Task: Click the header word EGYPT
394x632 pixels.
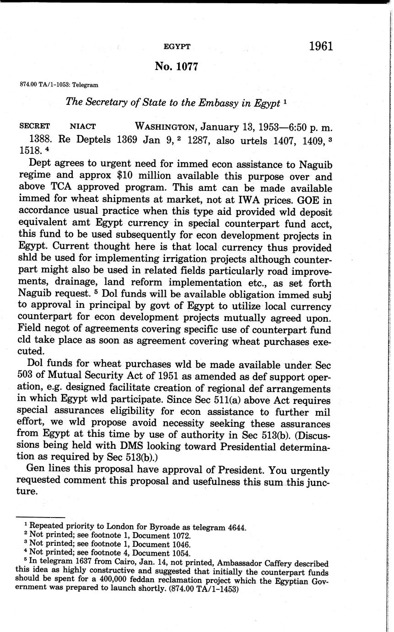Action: pyautogui.click(x=177, y=47)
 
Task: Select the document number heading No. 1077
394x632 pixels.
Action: pyautogui.click(x=176, y=66)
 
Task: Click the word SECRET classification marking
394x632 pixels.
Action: pyautogui.click(x=34, y=126)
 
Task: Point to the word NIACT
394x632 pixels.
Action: pyautogui.click(x=82, y=126)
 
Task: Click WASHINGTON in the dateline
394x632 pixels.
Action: pyautogui.click(x=166, y=126)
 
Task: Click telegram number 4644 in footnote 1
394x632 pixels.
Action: pyautogui.click(x=236, y=527)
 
